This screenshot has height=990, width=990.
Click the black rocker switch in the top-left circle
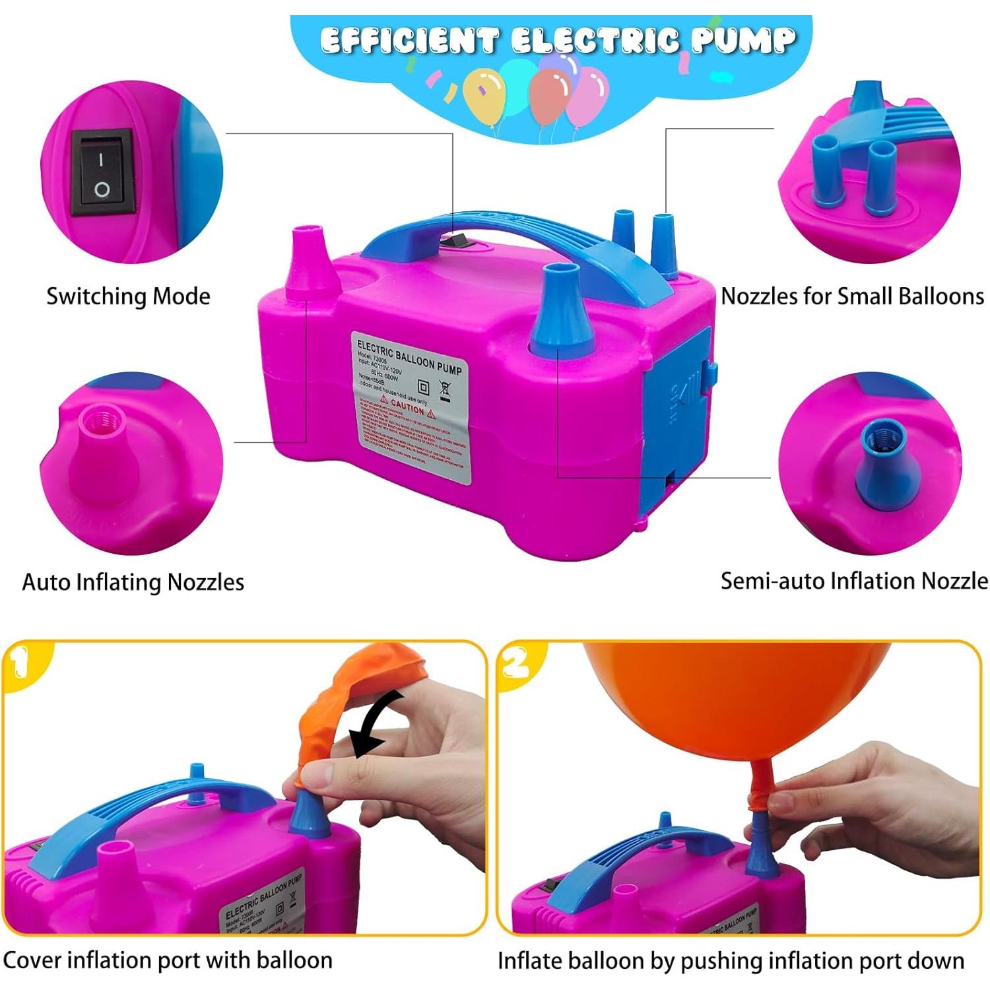pyautogui.click(x=102, y=173)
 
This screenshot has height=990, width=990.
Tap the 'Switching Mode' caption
pyautogui.click(x=128, y=296)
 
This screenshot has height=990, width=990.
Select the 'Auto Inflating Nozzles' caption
pyautogui.click(x=133, y=582)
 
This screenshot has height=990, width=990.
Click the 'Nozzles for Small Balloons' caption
pyautogui.click(x=852, y=296)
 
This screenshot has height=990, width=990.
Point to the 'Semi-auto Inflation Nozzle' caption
pyautogui.click(x=854, y=581)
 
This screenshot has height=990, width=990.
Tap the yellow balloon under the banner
pyautogui.click(x=484, y=96)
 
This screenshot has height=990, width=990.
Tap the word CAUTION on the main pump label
pyautogui.click(x=407, y=407)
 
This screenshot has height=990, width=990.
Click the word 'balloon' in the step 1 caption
pyautogui.click(x=294, y=960)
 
